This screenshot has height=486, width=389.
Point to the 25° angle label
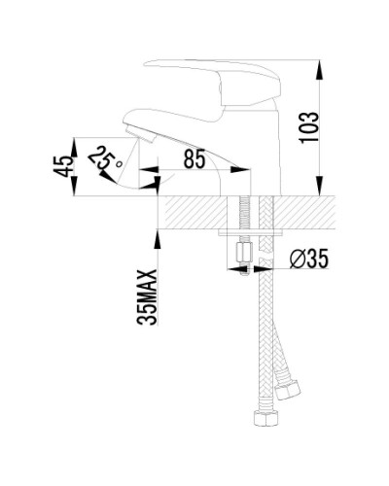click(105, 160)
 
